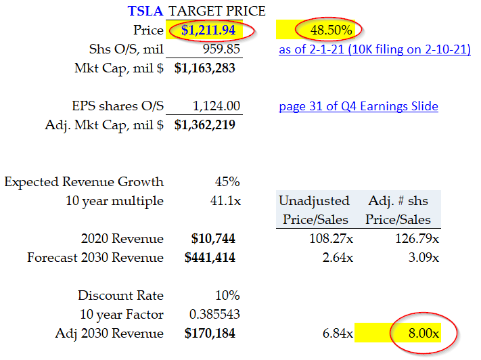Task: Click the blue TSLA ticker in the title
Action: tap(147, 11)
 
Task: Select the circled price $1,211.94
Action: tap(208, 30)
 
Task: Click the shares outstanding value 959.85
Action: tap(221, 49)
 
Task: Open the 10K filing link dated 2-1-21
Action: tap(374, 49)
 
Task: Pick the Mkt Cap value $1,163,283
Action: tap(206, 68)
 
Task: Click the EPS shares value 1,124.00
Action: tap(218, 106)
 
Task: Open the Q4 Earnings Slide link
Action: tap(359, 106)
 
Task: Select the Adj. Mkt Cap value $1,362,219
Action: tap(206, 125)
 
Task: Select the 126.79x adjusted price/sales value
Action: tap(417, 238)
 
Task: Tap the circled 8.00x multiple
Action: tap(422, 333)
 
